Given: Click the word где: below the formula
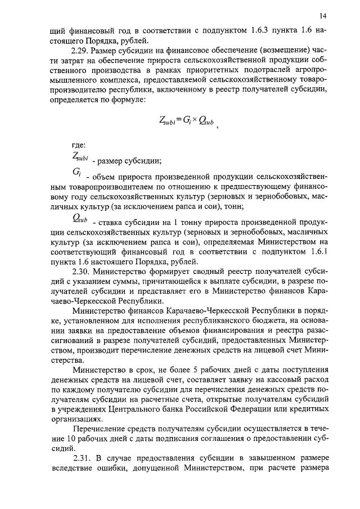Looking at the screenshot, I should [x=71, y=146].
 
